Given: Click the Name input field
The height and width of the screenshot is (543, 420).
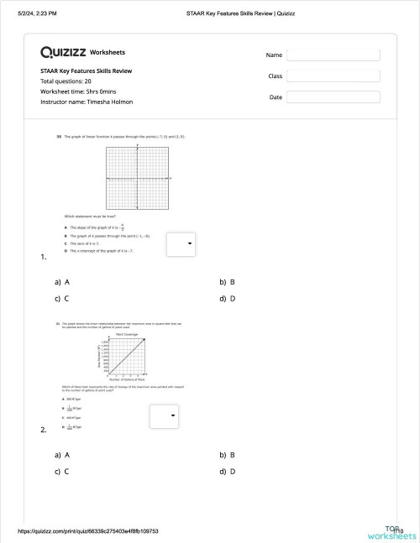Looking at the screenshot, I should pos(333,55).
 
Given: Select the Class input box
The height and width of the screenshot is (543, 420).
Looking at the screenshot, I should pos(333,76).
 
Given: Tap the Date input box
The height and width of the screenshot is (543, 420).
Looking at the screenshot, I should pos(333,97).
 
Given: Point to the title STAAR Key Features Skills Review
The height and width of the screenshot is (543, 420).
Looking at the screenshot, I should pos(86,71).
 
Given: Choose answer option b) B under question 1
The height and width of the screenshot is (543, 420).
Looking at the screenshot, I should pos(227,283).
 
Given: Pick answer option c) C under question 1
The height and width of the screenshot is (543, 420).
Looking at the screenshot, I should pos(60,298).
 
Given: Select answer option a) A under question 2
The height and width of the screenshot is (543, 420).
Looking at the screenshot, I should pos(60,455).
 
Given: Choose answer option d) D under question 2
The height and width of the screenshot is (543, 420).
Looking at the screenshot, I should pos(227,470).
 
